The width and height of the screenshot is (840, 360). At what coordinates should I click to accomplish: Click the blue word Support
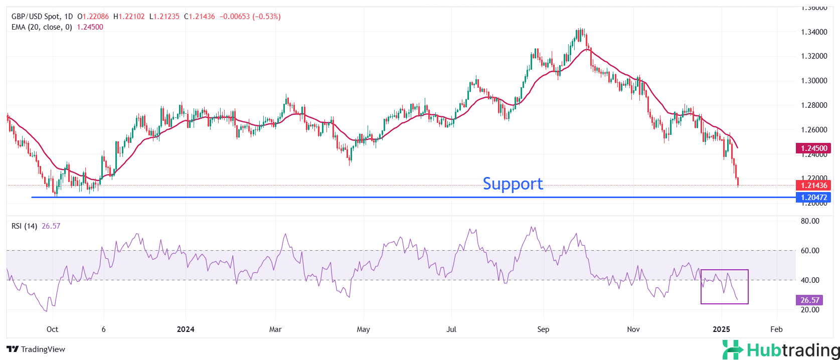[x=513, y=184]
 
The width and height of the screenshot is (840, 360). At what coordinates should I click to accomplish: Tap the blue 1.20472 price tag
[x=813, y=198]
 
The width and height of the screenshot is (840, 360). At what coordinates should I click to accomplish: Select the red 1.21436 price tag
[x=813, y=186]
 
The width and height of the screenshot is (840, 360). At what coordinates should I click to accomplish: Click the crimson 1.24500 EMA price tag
[x=813, y=148]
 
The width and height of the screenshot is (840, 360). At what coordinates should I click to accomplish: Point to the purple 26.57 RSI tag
[x=809, y=300]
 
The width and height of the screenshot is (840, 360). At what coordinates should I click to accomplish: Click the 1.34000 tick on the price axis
[x=813, y=32]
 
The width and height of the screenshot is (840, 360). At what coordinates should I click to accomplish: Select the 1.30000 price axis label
[x=813, y=81]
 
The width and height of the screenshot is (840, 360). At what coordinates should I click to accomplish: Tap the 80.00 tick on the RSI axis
[x=809, y=221]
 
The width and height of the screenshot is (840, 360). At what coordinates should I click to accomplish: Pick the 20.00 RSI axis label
[x=809, y=310]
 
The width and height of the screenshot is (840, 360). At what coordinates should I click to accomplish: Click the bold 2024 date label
[x=186, y=329]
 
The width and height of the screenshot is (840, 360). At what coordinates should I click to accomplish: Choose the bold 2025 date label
[x=721, y=329]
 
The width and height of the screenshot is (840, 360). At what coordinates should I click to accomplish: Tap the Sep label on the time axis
[x=543, y=329]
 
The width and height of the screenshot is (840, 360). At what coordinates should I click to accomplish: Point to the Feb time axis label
[x=776, y=329]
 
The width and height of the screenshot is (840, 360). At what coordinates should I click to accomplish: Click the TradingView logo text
[x=36, y=349]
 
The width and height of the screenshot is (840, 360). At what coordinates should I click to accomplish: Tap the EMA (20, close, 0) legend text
[x=42, y=27]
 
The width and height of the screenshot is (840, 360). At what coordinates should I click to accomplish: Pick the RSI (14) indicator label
[x=24, y=226]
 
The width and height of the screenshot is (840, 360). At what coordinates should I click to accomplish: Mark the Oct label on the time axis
[x=52, y=329]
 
